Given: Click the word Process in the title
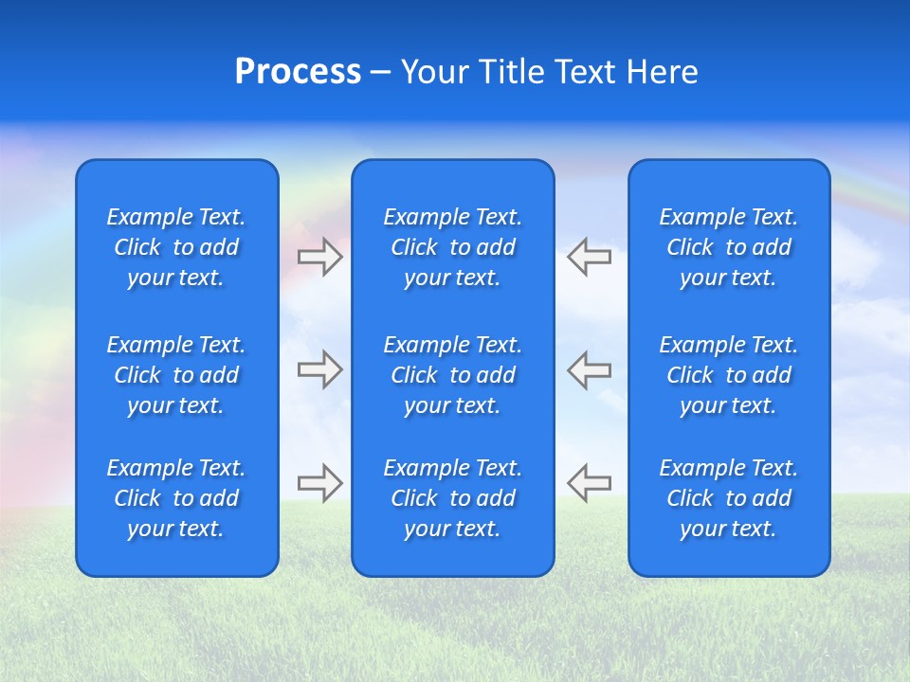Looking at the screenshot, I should coord(298,72).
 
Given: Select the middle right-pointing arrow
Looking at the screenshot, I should coord(319,369).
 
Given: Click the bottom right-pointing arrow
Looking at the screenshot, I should coord(319,483).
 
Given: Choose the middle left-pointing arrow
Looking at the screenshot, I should coord(590,369).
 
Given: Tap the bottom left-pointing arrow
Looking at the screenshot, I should coord(590,483).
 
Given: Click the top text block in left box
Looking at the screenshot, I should coord(176,247).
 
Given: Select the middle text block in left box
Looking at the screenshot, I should coord(176,375).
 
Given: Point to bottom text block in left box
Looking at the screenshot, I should coord(176,498).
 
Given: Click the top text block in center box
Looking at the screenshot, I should coord(453,247).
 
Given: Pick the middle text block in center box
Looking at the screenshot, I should coord(453,375).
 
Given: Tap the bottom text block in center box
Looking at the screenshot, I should coord(453,498).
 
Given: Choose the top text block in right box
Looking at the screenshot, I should coord(729,247).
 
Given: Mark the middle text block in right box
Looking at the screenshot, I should coord(729,375).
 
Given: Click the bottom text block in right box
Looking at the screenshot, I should coord(729,498).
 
